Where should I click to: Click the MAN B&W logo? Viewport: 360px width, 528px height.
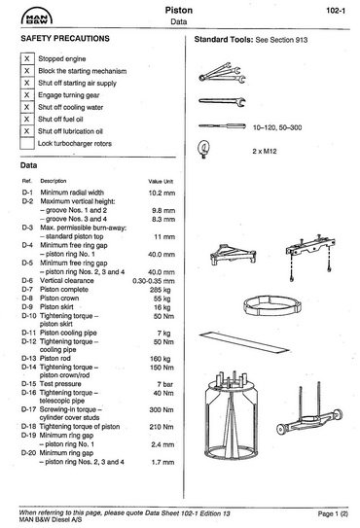tap(37, 17)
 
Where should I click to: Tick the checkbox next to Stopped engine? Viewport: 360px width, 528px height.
tap(27, 58)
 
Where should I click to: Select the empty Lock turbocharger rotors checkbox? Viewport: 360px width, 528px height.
tap(27, 143)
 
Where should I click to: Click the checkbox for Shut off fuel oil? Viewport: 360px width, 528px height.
tap(27, 119)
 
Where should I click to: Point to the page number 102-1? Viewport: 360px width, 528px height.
tap(336, 11)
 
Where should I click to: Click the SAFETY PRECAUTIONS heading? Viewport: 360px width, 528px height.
tap(65, 38)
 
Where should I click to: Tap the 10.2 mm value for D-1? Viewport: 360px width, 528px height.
tap(162, 193)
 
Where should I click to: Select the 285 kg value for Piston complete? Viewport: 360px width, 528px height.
tap(161, 290)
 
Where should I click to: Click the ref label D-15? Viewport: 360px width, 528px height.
tap(28, 384)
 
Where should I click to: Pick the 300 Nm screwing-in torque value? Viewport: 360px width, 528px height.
tap(162, 409)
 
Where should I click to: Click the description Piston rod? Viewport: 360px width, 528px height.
tap(55, 358)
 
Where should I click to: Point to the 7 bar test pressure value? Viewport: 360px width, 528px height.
tap(165, 384)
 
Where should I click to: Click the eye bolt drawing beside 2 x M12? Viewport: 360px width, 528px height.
tap(203, 149)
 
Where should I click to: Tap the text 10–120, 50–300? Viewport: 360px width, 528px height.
tap(277, 127)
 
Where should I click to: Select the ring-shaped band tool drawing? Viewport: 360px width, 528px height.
tap(272, 305)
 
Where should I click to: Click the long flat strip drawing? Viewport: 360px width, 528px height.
tap(244, 342)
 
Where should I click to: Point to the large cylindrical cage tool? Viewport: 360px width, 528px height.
tap(232, 415)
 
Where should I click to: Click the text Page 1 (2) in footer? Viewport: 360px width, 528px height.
tap(333, 513)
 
